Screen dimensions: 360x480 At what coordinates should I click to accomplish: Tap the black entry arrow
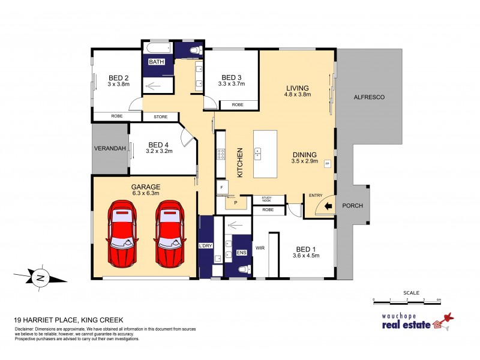(328, 206)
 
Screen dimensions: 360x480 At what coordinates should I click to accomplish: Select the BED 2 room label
(118, 77)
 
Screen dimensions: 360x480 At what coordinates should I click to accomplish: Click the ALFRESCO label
(368, 97)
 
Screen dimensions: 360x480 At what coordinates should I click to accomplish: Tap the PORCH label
(352, 206)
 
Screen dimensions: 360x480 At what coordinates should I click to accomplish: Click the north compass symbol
(40, 277)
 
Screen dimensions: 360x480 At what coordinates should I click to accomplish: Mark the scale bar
(407, 299)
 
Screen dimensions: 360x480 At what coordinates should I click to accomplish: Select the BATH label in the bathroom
(156, 62)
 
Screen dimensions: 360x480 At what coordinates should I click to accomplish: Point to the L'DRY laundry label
(205, 247)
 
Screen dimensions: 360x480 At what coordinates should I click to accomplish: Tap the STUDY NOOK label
(265, 200)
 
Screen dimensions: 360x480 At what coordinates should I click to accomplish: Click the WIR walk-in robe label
(260, 247)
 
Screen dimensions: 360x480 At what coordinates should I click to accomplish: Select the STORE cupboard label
(160, 116)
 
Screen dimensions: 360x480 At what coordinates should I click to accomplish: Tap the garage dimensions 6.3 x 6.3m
(146, 193)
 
